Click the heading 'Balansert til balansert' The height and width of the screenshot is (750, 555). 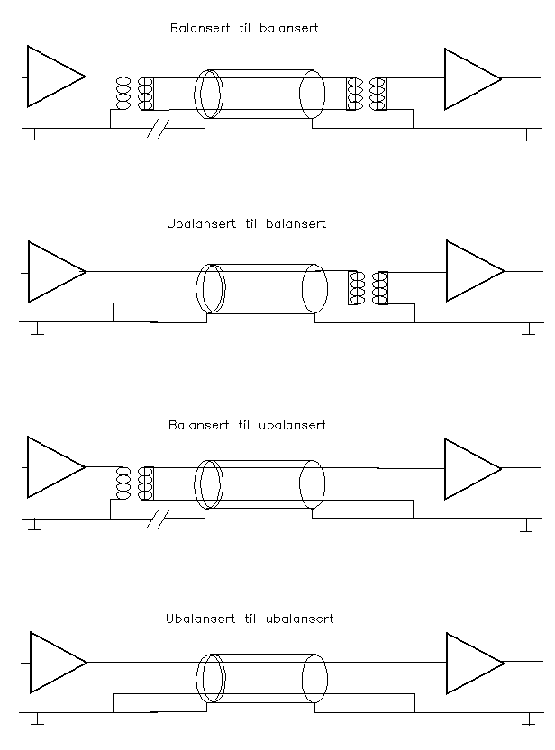point(244,28)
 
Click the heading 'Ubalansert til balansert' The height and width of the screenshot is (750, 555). point(246,223)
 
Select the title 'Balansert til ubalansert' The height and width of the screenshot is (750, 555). point(247,424)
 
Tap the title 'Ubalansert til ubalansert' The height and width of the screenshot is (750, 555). point(250,619)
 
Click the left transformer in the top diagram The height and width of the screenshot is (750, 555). point(133,93)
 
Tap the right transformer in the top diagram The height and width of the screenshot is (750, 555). point(367,93)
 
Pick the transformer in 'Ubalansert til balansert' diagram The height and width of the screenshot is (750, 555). point(368,287)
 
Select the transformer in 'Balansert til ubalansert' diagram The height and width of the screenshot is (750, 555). point(134,483)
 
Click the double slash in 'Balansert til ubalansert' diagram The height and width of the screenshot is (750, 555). point(158,519)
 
